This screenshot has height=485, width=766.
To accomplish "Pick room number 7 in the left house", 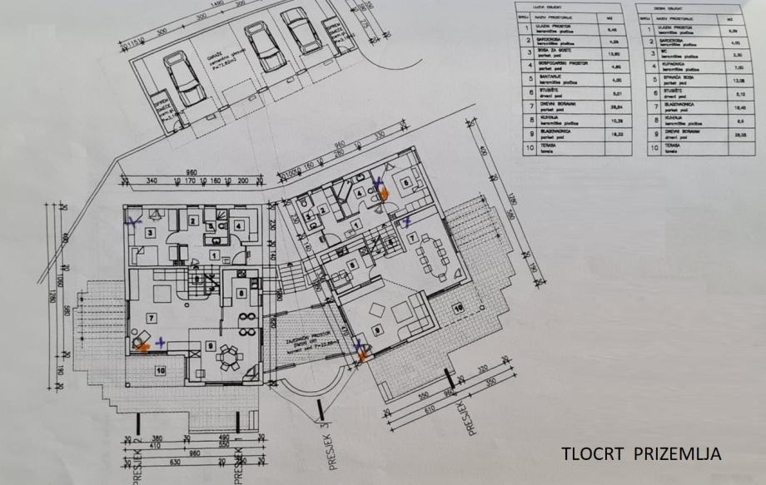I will click(x=151, y=318).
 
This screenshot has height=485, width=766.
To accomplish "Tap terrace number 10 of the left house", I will click(x=159, y=370).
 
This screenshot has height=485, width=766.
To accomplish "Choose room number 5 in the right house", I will click(x=406, y=184).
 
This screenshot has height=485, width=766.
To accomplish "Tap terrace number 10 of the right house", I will click(x=457, y=309).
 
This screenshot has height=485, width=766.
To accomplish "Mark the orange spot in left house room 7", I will click(x=142, y=345).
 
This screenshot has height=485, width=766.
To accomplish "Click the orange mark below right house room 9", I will click(x=362, y=357).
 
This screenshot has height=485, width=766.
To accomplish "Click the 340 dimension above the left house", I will click(x=152, y=181).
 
